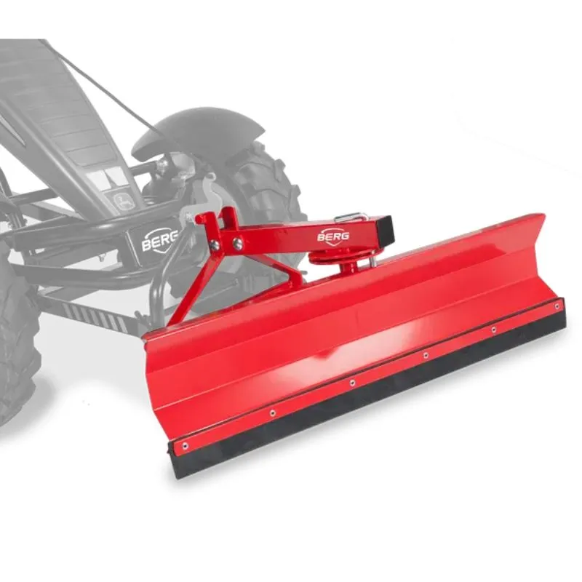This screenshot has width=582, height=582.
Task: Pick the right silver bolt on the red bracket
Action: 238,243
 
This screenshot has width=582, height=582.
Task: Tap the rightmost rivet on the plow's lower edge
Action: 557,306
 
